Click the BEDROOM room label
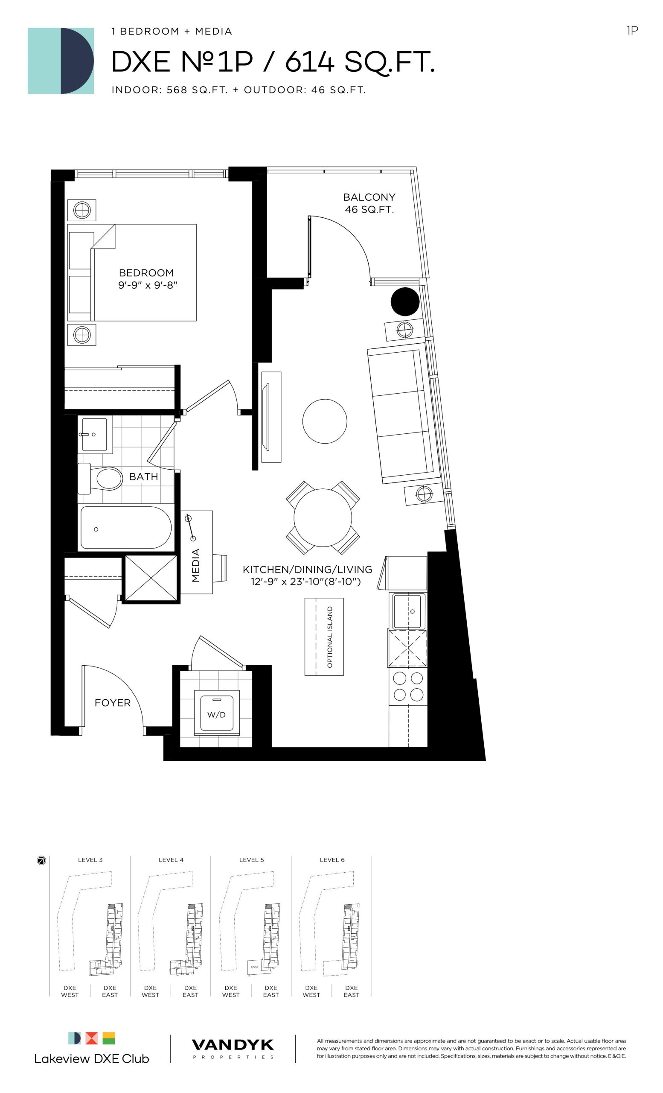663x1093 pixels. tap(146, 273)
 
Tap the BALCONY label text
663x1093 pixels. tap(369, 197)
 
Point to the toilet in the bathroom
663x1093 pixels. tap(100, 479)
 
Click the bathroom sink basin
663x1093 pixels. tap(94, 434)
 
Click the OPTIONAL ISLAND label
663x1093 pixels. tap(330, 637)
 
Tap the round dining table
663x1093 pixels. tap(323, 517)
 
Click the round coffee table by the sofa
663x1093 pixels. tap(325, 421)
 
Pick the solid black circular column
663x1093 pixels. tap(405, 301)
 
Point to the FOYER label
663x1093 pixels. tap(113, 703)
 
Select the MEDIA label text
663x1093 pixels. tap(195, 565)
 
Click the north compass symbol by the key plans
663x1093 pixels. tap(41, 861)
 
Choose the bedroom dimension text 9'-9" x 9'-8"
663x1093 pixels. tap(148, 285)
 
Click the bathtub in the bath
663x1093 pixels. tap(125, 527)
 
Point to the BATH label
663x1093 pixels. tap(144, 476)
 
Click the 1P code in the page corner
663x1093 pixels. tap(632, 30)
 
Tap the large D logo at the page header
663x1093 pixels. tap(61, 61)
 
